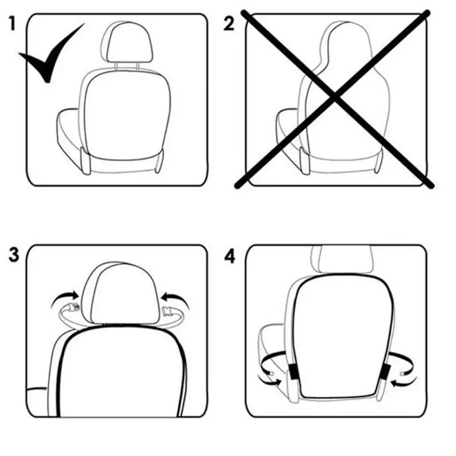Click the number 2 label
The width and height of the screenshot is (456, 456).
click(229, 25)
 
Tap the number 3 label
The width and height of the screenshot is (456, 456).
click(14, 256)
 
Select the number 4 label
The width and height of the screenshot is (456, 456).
click(229, 256)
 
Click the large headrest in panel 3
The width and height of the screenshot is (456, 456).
click(120, 294)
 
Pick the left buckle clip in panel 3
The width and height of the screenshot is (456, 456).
click(73, 308)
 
